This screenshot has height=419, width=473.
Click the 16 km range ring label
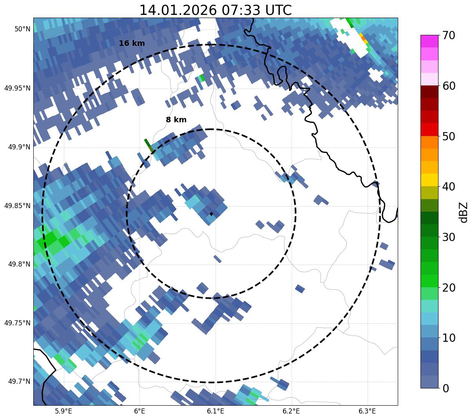[132, 44]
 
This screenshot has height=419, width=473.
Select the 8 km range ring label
[176, 120]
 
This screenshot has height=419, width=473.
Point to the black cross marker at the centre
[212, 214]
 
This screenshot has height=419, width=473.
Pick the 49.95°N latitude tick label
[17, 88]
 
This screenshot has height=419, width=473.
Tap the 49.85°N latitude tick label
[17, 206]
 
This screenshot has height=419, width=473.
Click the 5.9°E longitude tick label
[63, 411]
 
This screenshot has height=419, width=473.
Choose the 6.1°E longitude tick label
[216, 411]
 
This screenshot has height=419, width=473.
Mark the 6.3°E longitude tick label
[367, 411]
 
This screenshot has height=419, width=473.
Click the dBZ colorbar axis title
[464, 212]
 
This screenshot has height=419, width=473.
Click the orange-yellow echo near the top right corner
[363, 38]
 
